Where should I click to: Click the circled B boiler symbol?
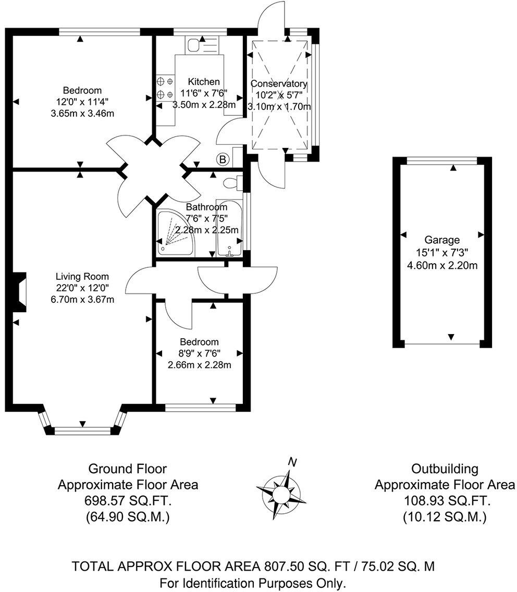223,159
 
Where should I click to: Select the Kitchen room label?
204,82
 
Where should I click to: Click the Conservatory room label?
279,84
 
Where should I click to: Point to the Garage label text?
441,240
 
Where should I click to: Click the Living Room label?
83,276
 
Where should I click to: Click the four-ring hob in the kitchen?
165,88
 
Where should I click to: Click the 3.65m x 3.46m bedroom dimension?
82,113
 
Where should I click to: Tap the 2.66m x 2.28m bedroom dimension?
199,365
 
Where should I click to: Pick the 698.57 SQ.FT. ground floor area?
127,501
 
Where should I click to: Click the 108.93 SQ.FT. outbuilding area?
445,501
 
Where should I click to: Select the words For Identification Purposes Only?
253,582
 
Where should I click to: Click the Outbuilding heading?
445,468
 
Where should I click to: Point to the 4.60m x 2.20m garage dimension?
441,265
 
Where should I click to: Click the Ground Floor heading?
127,468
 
